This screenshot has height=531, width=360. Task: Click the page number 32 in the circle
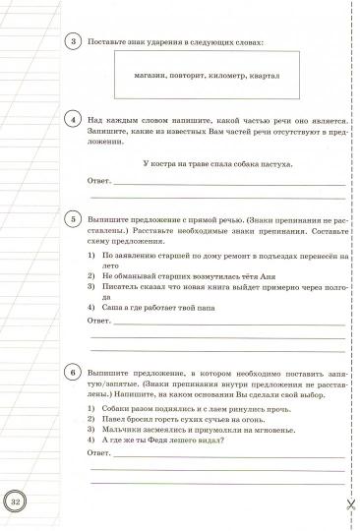pyautogui.click(x=18, y=502)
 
